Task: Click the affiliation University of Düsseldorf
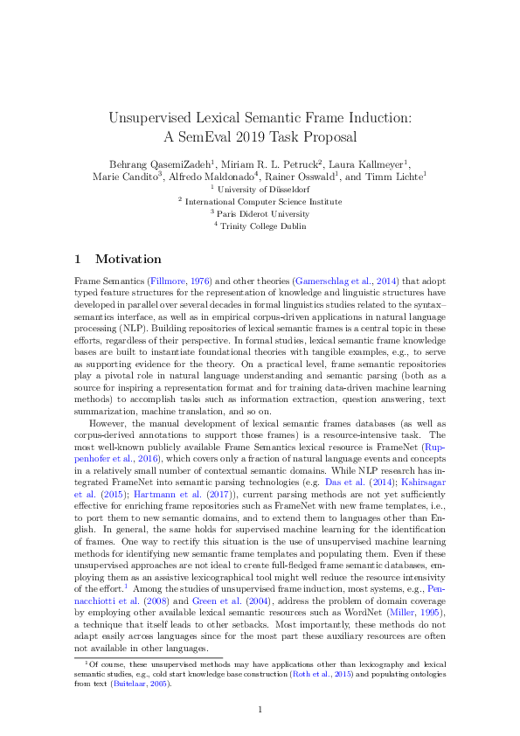pyautogui.click(x=263, y=188)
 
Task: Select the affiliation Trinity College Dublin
pyautogui.click(x=263, y=226)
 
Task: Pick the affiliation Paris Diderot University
pyautogui.click(x=263, y=213)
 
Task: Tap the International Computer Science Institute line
pyautogui.click(x=263, y=200)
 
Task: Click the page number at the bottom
pyautogui.click(x=260, y=709)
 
